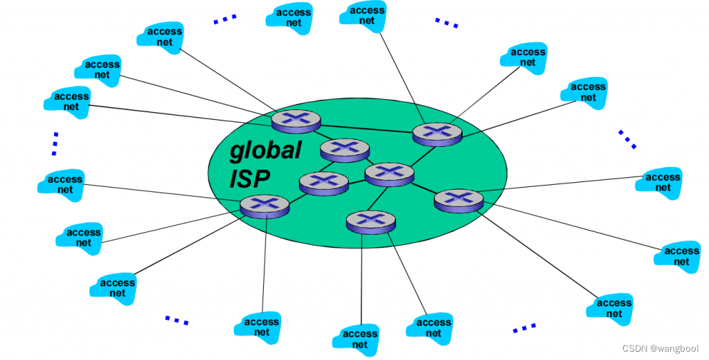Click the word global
click(266, 151)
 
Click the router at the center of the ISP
click(388, 173)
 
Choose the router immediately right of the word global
click(344, 148)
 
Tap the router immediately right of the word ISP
click(323, 181)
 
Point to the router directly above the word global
click(296, 121)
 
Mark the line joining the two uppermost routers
click(367, 127)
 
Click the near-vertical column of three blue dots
click(54, 143)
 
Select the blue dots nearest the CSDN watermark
click(524, 327)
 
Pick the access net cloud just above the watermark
click(613, 307)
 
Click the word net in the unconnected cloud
click(294, 23)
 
